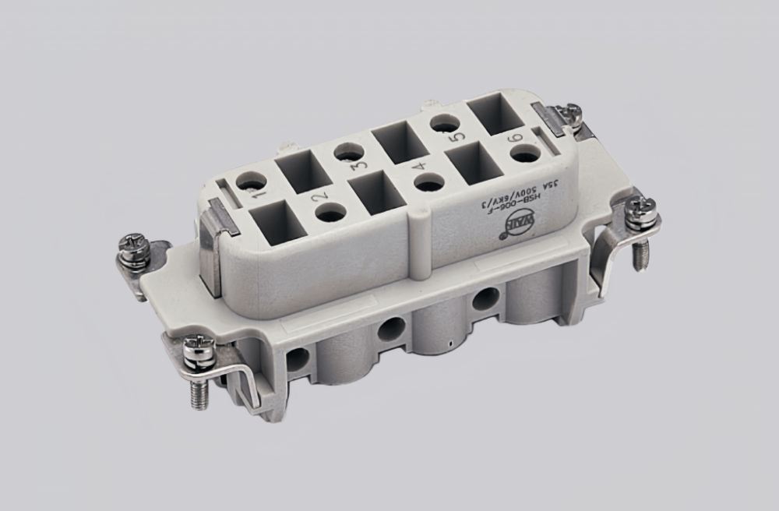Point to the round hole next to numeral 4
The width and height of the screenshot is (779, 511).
pos(428,183)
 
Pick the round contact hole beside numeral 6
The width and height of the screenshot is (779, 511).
pos(525,154)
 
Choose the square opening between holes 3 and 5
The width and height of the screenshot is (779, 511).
pos(396,142)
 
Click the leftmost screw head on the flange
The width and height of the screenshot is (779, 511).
pos(133,245)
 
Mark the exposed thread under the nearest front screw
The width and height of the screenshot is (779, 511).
pos(198,393)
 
